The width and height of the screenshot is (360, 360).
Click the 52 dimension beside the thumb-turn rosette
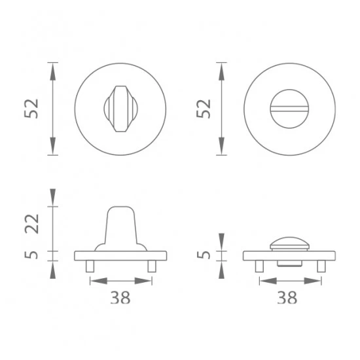point(31,109)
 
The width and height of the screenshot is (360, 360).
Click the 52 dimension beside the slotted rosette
point(204,109)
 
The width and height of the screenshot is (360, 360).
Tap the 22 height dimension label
point(31,224)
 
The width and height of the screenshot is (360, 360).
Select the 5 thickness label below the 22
point(31,255)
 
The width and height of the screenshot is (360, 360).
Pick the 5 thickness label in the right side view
point(204,255)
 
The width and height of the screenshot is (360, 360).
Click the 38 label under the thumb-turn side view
point(120,298)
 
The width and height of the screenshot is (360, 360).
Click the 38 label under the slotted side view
point(287,298)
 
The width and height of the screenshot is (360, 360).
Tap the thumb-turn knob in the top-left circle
point(121,109)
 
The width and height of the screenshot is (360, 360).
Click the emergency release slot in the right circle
point(289,109)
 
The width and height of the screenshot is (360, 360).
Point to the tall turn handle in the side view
point(121,228)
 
